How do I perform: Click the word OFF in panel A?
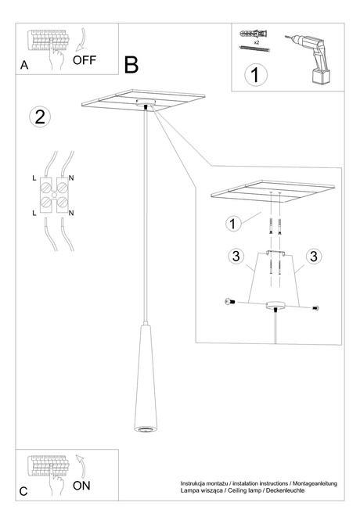tap(85, 59)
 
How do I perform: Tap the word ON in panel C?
tap(81, 486)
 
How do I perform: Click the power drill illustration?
tap(311, 57)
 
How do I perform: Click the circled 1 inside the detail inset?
tap(232, 223)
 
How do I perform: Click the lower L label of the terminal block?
tap(34, 212)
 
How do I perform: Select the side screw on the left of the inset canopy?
tap(229, 302)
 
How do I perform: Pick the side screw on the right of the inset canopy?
tap(315, 307)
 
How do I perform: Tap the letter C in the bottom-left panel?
tap(23, 491)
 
